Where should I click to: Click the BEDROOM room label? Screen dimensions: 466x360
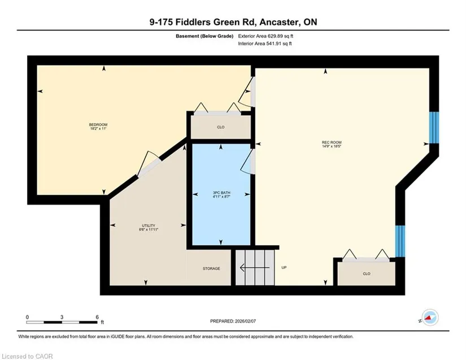click(98, 124)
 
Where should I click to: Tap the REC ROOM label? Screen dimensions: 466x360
click(332, 142)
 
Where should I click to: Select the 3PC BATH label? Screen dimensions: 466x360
click(221, 193)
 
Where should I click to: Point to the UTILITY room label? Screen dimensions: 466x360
click(149, 225)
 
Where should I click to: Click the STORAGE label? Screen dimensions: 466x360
click(211, 268)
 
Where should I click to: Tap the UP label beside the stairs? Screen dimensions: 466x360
click(284, 267)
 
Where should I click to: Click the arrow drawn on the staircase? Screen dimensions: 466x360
click(255, 268)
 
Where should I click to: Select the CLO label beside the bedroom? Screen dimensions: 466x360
click(221, 127)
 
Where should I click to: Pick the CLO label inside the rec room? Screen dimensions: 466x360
click(367, 274)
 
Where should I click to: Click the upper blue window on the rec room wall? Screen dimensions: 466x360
click(434, 128)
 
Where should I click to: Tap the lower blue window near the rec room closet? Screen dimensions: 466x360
click(400, 241)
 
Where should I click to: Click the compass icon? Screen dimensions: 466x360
click(430, 318)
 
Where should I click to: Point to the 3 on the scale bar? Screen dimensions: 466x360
click(62, 317)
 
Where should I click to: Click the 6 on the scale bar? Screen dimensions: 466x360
click(97, 317)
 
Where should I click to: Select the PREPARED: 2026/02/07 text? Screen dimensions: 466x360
click(233, 321)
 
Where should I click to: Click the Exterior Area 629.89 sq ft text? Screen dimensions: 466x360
click(265, 36)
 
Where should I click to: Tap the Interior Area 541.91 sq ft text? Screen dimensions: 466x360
click(265, 44)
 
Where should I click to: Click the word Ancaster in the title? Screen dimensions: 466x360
click(280, 22)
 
